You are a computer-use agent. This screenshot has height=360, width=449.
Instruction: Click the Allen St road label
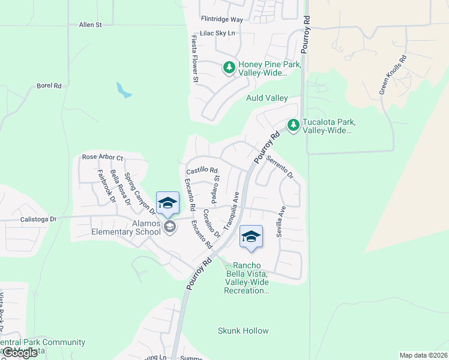click(x=91, y=25)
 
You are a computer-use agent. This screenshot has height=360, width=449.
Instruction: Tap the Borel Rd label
click(x=49, y=86)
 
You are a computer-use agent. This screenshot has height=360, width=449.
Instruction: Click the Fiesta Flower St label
click(x=194, y=58)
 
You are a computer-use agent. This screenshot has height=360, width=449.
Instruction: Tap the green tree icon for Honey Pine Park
click(x=229, y=68)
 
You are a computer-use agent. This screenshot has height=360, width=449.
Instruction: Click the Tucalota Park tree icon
click(x=293, y=125)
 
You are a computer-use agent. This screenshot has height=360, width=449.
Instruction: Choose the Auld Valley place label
click(x=267, y=98)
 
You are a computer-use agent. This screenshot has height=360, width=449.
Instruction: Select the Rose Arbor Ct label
click(x=103, y=158)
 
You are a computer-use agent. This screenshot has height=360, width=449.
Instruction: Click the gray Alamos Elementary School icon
click(x=169, y=226)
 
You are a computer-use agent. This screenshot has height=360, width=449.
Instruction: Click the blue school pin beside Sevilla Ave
click(x=251, y=237)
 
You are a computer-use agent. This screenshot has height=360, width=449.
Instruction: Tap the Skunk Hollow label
click(x=243, y=331)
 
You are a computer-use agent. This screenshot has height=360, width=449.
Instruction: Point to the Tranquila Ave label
click(x=232, y=211)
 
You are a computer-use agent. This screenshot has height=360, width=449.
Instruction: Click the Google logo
click(x=20, y=352)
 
